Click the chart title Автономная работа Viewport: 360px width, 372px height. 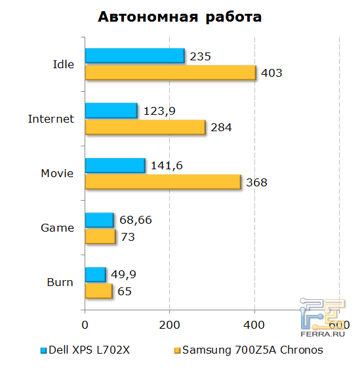pyautogui.click(x=180, y=18)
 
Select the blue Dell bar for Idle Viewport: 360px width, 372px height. pyautogui.click(x=134, y=56)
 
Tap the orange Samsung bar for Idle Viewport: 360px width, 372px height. pyautogui.click(x=170, y=72)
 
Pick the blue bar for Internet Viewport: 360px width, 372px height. pyautogui.click(x=111, y=111)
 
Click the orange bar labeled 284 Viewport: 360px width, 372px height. pyautogui.click(x=145, y=127)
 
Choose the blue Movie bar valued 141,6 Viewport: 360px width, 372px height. pyautogui.click(x=115, y=166)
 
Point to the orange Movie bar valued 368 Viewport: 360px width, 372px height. pyautogui.click(x=163, y=182)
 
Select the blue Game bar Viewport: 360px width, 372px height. pyautogui.click(x=99, y=220)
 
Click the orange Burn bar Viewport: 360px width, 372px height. pyautogui.click(x=98, y=291)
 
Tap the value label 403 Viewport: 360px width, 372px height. pyautogui.click(x=271, y=73)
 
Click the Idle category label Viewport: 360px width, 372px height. pyautogui.click(x=63, y=64)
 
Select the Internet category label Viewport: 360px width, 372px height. pyautogui.click(x=51, y=119)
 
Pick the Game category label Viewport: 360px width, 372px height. pyautogui.click(x=57, y=228)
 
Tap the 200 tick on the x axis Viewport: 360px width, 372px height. pyautogui.click(x=169, y=323)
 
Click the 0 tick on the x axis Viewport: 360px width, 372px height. pyautogui.click(x=85, y=323)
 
